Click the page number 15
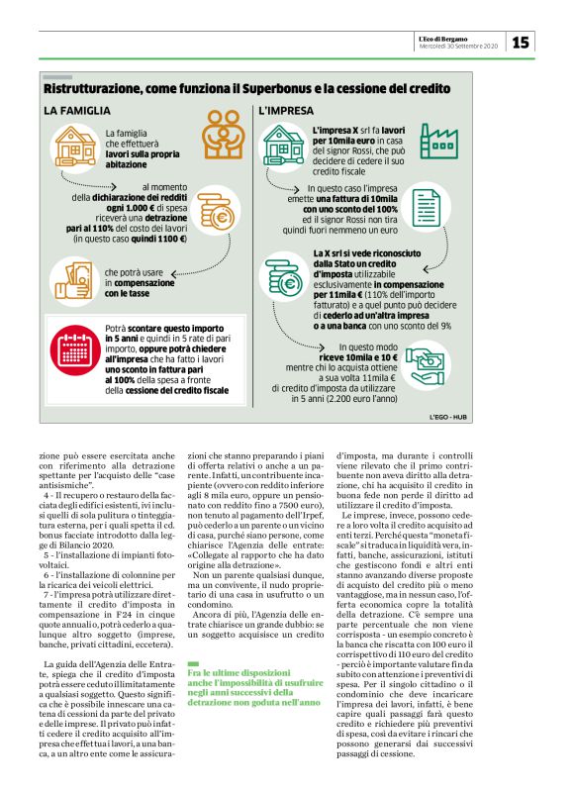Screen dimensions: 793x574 coord(521,42)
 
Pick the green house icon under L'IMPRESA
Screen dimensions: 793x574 coord(284,145)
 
